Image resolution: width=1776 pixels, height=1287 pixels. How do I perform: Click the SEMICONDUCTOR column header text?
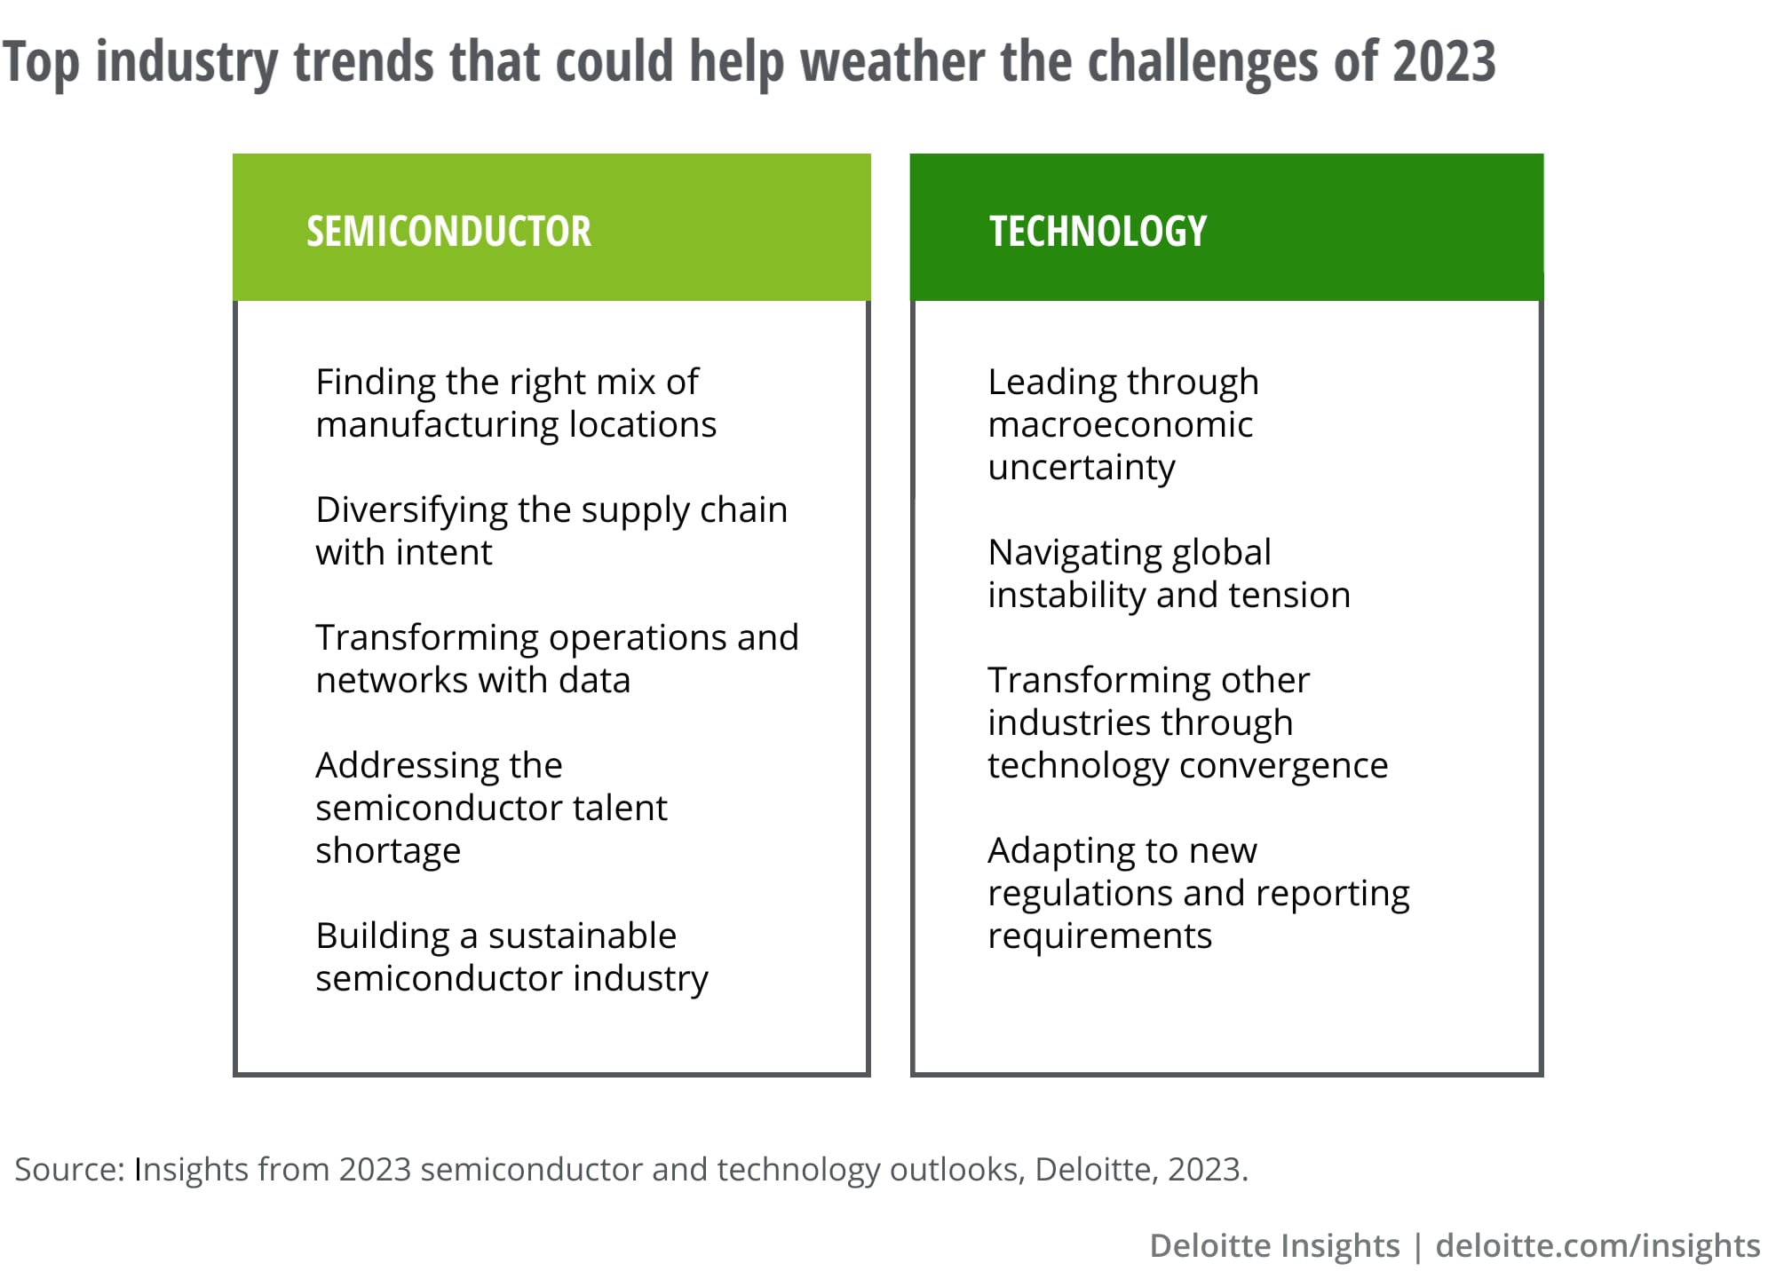[x=448, y=232]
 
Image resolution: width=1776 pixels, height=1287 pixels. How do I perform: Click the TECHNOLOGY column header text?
[x=1098, y=232]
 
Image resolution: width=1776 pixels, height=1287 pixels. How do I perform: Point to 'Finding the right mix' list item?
[x=516, y=404]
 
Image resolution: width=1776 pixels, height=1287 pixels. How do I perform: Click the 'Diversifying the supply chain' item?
[x=551, y=532]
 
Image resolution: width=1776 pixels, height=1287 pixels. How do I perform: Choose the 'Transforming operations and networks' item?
[x=558, y=659]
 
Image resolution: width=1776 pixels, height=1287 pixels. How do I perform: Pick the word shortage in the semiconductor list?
[x=388, y=851]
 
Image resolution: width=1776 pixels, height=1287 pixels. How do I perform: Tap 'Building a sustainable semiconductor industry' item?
[x=512, y=958]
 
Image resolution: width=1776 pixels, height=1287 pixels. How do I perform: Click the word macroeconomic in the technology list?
[x=1121, y=425]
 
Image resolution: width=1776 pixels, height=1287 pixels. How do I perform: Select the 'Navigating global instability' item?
[x=1169, y=574]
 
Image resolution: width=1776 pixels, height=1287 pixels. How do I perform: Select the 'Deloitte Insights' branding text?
[x=1274, y=1246]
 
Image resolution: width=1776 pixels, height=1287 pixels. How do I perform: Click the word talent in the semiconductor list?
[x=620, y=809]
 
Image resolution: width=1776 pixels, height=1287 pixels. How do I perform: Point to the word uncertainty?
[x=1082, y=468]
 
